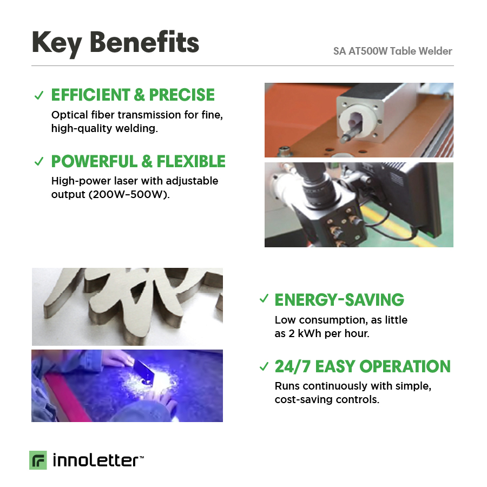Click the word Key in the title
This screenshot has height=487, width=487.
57,43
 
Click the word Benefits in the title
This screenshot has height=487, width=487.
144,42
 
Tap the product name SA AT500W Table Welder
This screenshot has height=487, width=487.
393,51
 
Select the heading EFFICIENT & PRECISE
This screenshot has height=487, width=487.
133,95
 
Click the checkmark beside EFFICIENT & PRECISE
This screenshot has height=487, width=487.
39,95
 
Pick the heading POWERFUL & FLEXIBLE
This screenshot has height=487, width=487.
138,161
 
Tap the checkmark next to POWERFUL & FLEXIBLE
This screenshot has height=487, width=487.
39,161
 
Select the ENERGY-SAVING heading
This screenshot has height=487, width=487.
339,300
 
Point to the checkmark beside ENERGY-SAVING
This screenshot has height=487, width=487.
264,299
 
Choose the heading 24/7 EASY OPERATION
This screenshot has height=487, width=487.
363,366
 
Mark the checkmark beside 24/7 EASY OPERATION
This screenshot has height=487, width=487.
264,366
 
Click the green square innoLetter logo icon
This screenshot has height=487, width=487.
38,460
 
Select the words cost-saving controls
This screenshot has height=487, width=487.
327,399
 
